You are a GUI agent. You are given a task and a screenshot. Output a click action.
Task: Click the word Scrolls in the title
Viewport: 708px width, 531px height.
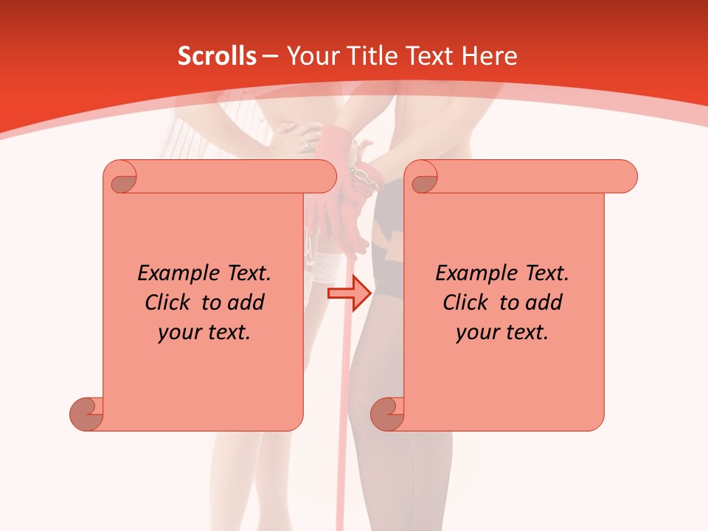[217, 56]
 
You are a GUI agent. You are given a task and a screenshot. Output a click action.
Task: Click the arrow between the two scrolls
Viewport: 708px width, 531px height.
[349, 294]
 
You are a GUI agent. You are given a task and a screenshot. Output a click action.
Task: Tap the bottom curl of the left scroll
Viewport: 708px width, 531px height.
[87, 414]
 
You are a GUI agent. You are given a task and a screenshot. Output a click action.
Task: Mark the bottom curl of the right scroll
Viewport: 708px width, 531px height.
[388, 414]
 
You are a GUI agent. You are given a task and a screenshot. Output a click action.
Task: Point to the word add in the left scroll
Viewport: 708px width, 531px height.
[246, 302]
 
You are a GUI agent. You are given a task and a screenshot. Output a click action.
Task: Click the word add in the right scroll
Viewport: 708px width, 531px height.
[544, 302]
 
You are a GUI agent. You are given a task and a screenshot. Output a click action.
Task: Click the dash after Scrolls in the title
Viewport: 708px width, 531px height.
[271, 57]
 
